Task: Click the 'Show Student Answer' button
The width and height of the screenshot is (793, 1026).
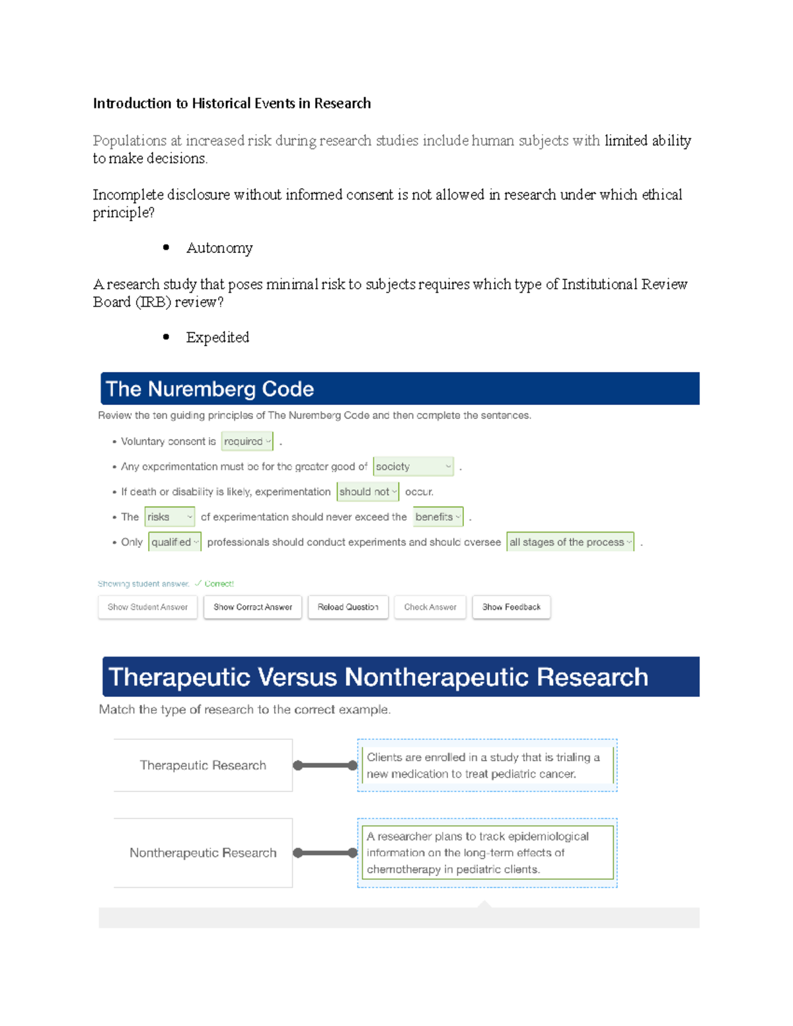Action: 147,607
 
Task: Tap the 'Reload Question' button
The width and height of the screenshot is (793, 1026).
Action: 348,607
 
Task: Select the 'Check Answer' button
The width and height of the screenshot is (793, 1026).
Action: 430,607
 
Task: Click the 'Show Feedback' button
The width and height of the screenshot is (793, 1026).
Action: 511,607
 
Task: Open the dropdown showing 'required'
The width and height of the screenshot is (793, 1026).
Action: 247,441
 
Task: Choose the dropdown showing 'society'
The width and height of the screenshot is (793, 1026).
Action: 413,466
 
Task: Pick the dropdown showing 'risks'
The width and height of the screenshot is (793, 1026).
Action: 170,517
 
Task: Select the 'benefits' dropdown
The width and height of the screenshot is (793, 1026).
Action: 438,517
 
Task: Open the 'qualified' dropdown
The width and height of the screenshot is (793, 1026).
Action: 174,542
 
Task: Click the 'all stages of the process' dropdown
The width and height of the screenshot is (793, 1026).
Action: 570,542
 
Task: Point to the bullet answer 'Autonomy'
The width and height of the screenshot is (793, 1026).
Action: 219,248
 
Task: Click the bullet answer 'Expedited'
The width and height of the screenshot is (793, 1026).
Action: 217,338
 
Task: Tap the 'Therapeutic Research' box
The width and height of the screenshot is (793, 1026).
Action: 203,765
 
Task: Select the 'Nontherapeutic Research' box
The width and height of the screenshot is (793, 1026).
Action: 203,853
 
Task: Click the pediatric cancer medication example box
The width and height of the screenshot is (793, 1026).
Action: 487,765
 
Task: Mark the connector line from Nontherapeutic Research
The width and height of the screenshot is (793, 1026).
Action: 325,853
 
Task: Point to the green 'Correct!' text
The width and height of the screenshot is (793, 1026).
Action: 219,584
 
